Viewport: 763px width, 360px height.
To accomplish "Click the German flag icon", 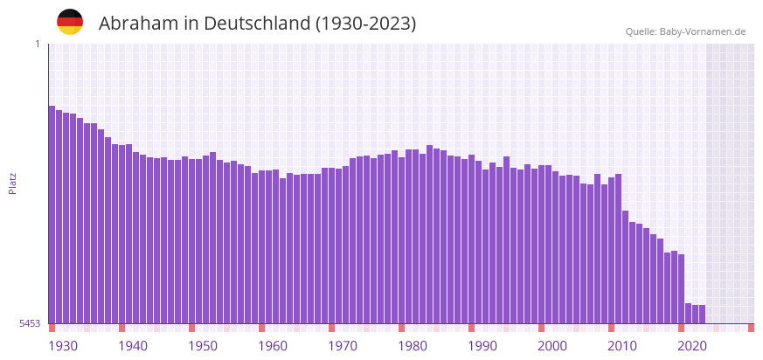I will click(70, 22).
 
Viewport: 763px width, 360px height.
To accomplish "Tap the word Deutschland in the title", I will click(254, 24).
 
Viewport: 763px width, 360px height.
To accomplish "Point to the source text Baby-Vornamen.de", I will click(703, 31).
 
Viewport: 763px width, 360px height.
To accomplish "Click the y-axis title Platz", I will click(12, 183).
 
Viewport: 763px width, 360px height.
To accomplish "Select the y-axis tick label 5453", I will click(30, 323).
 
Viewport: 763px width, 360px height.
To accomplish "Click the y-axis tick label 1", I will click(37, 44).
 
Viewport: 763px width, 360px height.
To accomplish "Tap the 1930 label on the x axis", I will click(63, 346).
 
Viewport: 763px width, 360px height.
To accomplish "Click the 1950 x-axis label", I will click(203, 346).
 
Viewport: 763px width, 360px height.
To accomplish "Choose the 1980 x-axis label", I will click(413, 346).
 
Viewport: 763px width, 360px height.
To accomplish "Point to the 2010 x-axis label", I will click(622, 346).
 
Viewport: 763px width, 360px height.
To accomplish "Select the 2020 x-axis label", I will click(692, 346).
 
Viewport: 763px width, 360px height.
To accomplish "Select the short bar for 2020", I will click(689, 314).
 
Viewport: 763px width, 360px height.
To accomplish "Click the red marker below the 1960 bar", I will click(262, 328).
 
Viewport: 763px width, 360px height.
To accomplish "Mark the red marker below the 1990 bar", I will click(472, 328).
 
